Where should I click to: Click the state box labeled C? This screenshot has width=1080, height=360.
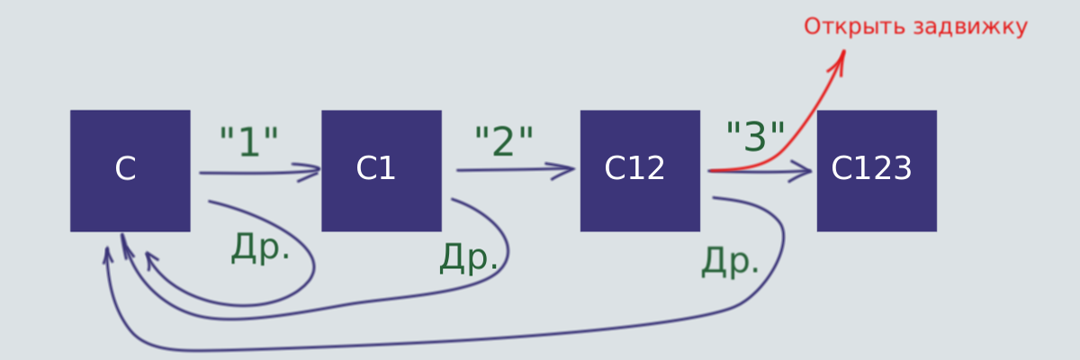click(x=130, y=171)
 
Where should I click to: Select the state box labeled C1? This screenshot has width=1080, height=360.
click(x=382, y=171)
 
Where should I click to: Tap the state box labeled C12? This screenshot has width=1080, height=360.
click(x=640, y=171)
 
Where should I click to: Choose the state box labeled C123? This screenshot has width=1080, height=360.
click(x=877, y=171)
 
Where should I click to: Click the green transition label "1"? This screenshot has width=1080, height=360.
click(x=249, y=141)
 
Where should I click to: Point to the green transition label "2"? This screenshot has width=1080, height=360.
click(x=504, y=140)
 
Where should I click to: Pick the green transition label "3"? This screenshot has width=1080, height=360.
click(x=755, y=137)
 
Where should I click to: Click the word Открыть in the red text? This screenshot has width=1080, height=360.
click(x=854, y=26)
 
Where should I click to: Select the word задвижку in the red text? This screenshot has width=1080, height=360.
click(x=970, y=27)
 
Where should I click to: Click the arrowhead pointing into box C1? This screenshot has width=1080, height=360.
click(x=308, y=172)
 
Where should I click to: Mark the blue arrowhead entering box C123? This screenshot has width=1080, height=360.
click(x=799, y=172)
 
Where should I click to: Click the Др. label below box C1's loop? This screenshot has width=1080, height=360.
click(x=469, y=257)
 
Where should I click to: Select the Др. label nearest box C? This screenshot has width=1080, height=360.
click(x=261, y=247)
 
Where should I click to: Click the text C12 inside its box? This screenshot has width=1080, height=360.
click(x=634, y=168)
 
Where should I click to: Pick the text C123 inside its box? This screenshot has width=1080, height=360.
click(x=871, y=168)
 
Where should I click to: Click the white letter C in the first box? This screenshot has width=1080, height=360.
click(x=125, y=168)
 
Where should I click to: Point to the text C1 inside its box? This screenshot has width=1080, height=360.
click(x=375, y=168)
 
